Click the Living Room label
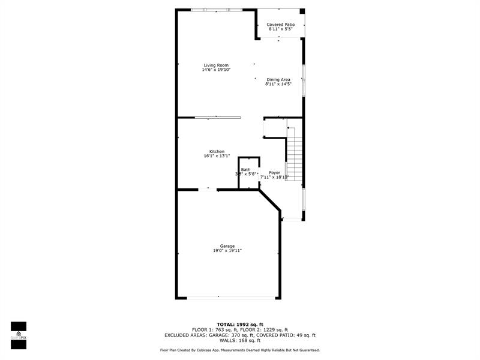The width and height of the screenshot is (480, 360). pos(216,65)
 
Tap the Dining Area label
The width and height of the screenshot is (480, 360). pos(278,80)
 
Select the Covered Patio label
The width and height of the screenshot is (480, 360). pos(281,25)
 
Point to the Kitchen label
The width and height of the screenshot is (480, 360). pos(217,151)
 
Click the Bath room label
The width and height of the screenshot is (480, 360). pos(246,170)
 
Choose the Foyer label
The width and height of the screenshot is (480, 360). pos(274,173)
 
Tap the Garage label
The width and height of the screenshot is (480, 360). pos(227,246)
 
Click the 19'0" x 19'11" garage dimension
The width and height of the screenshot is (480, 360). pos(227,251)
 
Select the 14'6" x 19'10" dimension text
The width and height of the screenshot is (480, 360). pos(216,70)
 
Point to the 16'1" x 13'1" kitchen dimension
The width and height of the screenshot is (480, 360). pos(217,156)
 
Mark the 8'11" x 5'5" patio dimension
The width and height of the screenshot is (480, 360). pos(281,29)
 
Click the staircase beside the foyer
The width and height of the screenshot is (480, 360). pos(293,153)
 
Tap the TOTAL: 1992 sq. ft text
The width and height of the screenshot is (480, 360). pos(240,325)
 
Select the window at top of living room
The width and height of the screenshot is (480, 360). pos(216,10)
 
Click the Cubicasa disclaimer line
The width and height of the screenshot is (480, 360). pos(240,350)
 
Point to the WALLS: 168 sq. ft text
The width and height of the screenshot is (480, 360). pos(240,341)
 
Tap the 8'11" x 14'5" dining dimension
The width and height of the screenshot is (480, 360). pos(278,85)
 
